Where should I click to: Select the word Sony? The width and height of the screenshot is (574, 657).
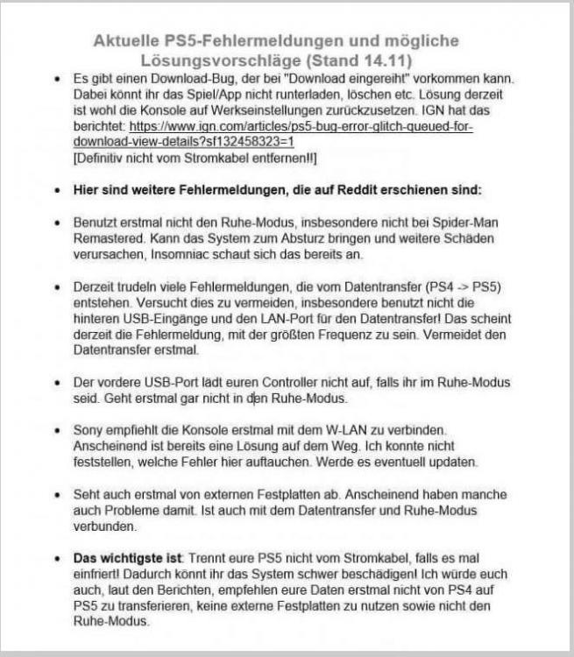89,432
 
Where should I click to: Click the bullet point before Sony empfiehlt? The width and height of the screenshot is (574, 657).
58,432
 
